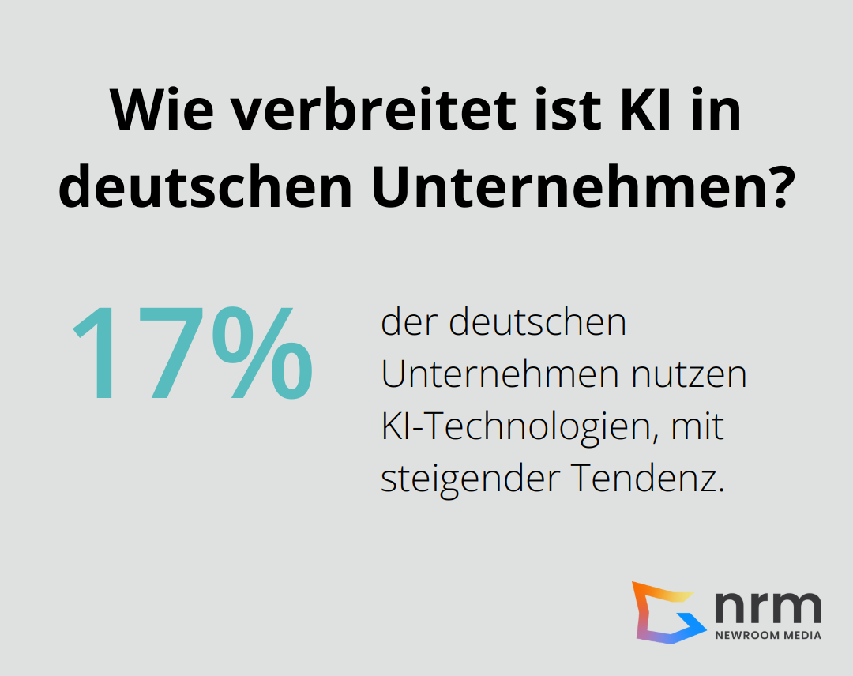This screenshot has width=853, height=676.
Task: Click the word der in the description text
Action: pos(405,324)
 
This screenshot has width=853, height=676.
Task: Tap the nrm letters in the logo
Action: pos(767,606)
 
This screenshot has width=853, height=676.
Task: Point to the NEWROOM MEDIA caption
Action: pos(768,635)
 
